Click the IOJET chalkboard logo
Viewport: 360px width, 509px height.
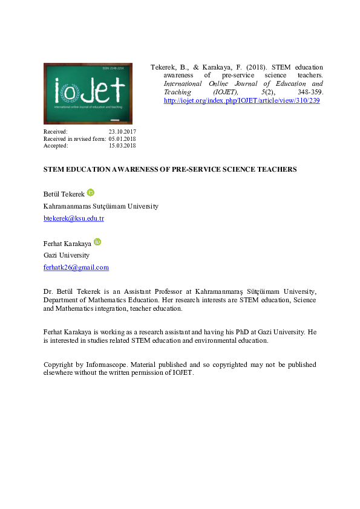coord(88,94)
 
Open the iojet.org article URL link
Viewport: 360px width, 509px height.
coord(241,100)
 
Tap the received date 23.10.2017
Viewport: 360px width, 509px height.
coord(122,131)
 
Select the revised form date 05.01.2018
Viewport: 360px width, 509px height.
coord(122,138)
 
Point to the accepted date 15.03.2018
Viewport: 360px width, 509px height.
coord(122,146)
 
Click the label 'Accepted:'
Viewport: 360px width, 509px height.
coord(56,146)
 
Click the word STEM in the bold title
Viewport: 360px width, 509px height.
coord(53,169)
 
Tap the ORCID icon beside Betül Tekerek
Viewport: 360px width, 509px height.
coord(91,192)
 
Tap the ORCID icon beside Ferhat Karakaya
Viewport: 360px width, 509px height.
coord(97,242)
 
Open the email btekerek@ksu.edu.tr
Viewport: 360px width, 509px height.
coord(73,218)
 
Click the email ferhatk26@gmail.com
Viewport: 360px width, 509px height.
coord(76,267)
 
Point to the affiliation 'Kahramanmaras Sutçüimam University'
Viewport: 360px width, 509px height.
coord(100,206)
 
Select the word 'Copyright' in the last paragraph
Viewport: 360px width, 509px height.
coord(59,365)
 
